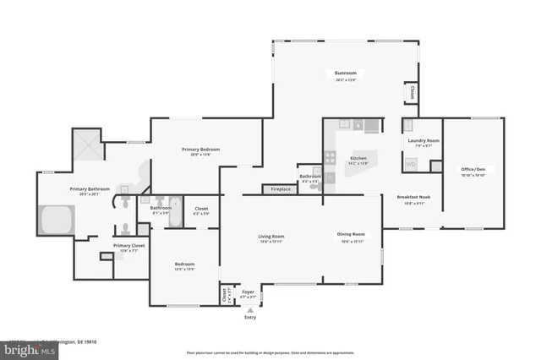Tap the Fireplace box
(281, 189)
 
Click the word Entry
(249, 319)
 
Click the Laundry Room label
(423, 140)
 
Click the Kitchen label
(358, 158)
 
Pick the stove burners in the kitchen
(331, 157)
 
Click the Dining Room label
(351, 234)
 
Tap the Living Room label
(270, 237)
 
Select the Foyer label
(248, 292)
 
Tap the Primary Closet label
(128, 246)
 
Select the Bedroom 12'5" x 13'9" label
(184, 265)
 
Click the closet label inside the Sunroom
(412, 92)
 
